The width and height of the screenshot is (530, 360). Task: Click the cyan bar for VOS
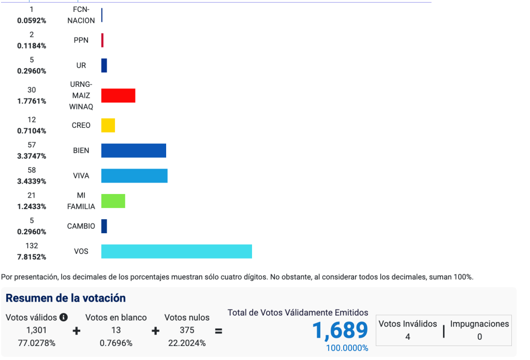click(x=176, y=251)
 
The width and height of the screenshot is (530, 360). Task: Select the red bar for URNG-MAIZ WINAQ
click(x=118, y=96)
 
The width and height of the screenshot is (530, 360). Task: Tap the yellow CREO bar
click(x=108, y=125)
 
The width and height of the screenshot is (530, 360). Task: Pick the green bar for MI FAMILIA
click(x=113, y=201)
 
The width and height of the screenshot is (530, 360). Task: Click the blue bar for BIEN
click(x=134, y=151)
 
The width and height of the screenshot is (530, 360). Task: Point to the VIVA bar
click(x=134, y=176)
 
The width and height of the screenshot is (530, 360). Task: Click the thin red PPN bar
click(x=102, y=40)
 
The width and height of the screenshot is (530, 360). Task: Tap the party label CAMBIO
click(x=81, y=226)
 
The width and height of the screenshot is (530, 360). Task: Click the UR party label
click(x=81, y=66)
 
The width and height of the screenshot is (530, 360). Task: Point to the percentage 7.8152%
click(x=32, y=257)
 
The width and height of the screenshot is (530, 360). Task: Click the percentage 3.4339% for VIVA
click(x=32, y=182)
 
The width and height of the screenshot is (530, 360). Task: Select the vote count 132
click(x=32, y=246)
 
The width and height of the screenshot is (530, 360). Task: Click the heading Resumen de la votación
click(x=66, y=298)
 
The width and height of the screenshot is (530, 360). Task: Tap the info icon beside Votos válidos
click(x=64, y=317)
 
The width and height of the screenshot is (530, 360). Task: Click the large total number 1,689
click(x=340, y=331)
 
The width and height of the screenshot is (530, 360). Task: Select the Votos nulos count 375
click(x=187, y=330)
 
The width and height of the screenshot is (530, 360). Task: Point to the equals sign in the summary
click(x=218, y=331)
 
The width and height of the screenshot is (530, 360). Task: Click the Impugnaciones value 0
click(x=479, y=337)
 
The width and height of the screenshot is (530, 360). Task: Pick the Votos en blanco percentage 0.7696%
click(x=116, y=343)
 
